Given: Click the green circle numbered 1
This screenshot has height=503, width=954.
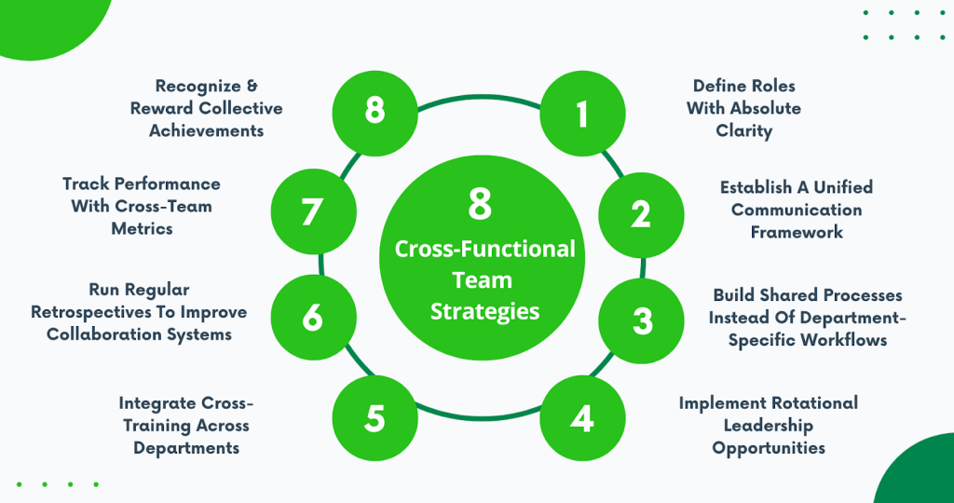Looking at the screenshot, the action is point(582,113).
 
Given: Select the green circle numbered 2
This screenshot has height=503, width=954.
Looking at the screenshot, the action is point(641,214).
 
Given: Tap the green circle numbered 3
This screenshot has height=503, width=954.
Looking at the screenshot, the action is point(641,320).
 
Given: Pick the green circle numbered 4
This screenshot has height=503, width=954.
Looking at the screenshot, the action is point(582,418).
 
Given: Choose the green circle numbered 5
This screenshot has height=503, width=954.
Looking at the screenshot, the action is point(375,418).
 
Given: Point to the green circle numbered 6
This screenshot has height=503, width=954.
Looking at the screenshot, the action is point(313,318).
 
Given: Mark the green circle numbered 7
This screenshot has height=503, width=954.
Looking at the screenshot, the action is point(313,211).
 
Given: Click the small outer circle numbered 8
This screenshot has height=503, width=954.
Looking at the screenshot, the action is point(375,112).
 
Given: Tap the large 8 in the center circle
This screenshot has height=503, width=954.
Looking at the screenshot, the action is point(480,204).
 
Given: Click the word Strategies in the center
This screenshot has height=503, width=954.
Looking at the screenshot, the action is point(484,311).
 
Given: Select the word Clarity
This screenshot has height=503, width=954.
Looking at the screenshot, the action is point(744,131).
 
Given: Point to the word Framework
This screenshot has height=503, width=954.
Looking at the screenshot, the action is point(797,232).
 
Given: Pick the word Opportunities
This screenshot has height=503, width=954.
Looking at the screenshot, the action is point(769,448).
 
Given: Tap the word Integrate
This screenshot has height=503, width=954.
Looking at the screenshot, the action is point(157,402).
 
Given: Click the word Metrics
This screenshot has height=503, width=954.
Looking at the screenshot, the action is point(142,228).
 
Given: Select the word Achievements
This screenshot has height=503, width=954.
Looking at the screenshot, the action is point(206,130).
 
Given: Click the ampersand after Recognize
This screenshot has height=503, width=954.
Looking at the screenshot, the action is point(252,86).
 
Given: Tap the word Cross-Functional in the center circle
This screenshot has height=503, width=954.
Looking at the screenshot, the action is point(484,250).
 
